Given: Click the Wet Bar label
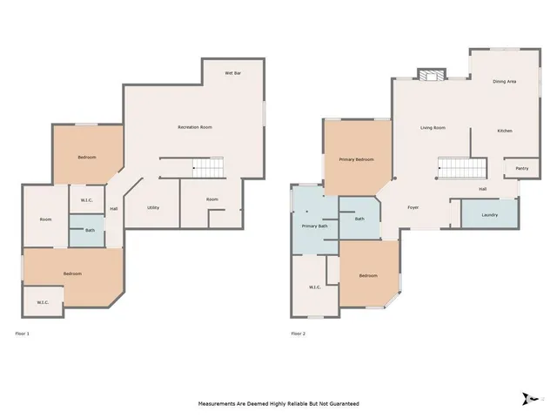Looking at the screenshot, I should click(233, 72).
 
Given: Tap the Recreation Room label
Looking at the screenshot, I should click(195, 127).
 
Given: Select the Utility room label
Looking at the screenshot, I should click(152, 208).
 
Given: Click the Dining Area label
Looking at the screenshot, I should click(505, 81).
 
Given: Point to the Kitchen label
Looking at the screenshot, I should click(505, 131).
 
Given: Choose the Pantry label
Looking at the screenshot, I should click(522, 168).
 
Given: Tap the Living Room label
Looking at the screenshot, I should click(433, 128).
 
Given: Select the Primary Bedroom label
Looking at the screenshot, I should click(357, 159).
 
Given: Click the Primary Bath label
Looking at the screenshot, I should click(314, 226).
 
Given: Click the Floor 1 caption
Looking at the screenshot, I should click(23, 334).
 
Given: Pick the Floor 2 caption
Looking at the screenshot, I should click(298, 334).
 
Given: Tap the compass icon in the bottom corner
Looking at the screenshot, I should click(528, 398).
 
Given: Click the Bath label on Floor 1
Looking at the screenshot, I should click(89, 230).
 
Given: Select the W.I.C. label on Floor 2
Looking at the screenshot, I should click(314, 287).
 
